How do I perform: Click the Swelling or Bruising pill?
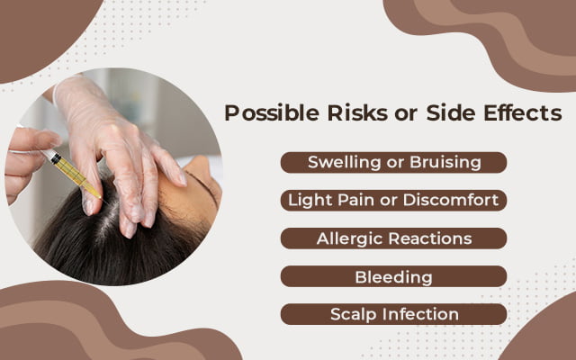393,162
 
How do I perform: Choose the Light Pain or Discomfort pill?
393,200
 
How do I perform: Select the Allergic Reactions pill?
393,238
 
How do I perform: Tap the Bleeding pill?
393,276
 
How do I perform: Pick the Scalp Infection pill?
393,314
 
